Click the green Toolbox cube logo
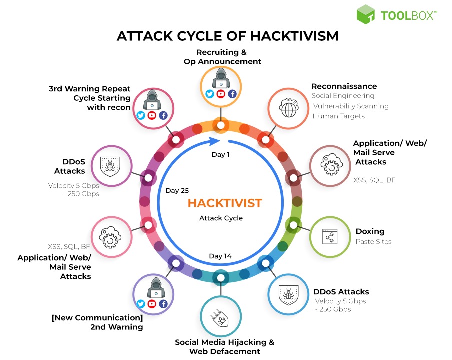point(365,14)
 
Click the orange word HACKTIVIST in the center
point(225,203)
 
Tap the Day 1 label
point(221,155)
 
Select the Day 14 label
point(220,256)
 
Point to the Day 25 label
point(177,190)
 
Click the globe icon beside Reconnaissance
point(288,108)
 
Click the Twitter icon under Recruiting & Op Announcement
point(210,94)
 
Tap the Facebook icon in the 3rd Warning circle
point(163,116)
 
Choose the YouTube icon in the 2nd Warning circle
point(152,304)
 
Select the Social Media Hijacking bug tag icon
point(220,318)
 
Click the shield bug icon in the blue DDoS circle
point(288,295)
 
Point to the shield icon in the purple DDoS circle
point(110,166)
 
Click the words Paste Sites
point(373,242)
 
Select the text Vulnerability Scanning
point(351,106)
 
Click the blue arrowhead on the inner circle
point(214,141)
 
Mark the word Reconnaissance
point(344,86)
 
